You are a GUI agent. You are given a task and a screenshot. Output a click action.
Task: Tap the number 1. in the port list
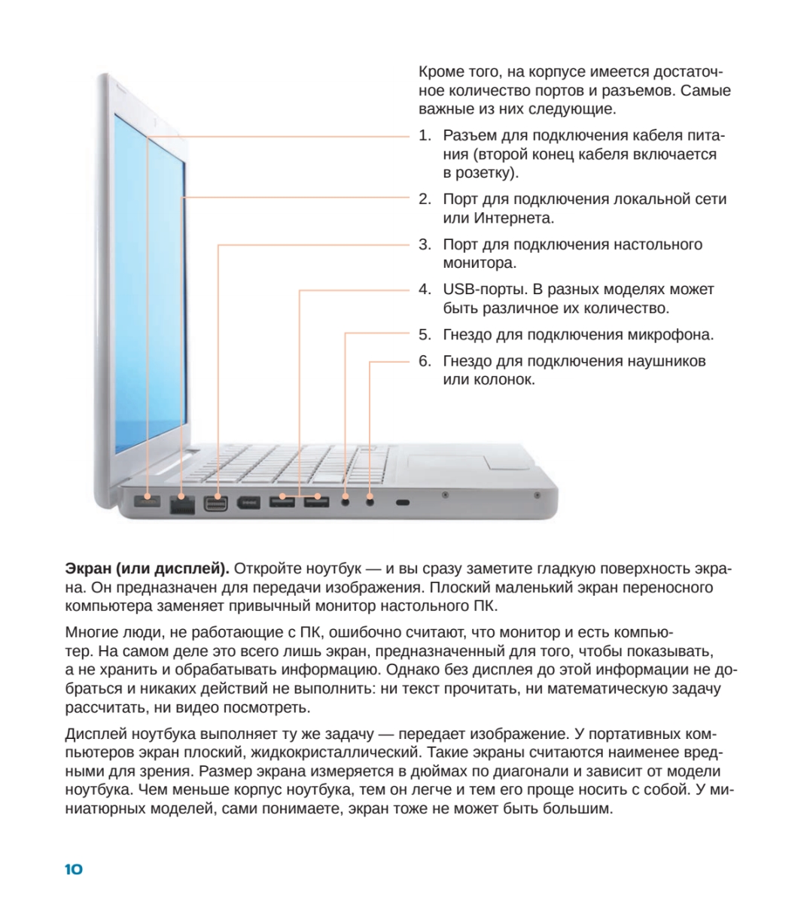click(x=425, y=135)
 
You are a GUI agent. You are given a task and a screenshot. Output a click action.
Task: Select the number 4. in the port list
click(x=425, y=289)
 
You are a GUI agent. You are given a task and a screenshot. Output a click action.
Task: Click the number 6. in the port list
click(x=425, y=360)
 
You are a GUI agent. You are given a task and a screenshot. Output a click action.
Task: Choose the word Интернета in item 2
click(x=513, y=218)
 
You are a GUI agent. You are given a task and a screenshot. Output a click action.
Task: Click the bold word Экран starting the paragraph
click(x=88, y=567)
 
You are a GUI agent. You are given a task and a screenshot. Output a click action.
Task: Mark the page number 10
click(x=74, y=869)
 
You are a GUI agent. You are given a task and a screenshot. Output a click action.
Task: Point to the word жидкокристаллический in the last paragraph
click(x=333, y=752)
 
